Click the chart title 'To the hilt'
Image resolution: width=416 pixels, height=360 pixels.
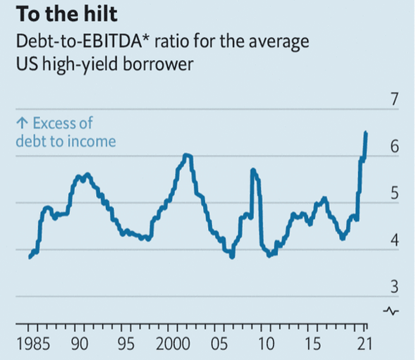click(x=66, y=14)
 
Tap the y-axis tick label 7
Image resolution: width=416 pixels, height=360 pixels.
click(x=394, y=99)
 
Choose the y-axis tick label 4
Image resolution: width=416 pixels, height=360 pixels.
click(x=394, y=240)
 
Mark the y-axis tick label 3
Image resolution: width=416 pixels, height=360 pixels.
click(x=394, y=286)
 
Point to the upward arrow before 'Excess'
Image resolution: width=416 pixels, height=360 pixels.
click(x=20, y=124)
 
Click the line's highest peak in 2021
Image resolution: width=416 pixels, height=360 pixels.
click(x=365, y=132)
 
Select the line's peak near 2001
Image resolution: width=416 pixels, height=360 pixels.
click(x=185, y=155)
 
